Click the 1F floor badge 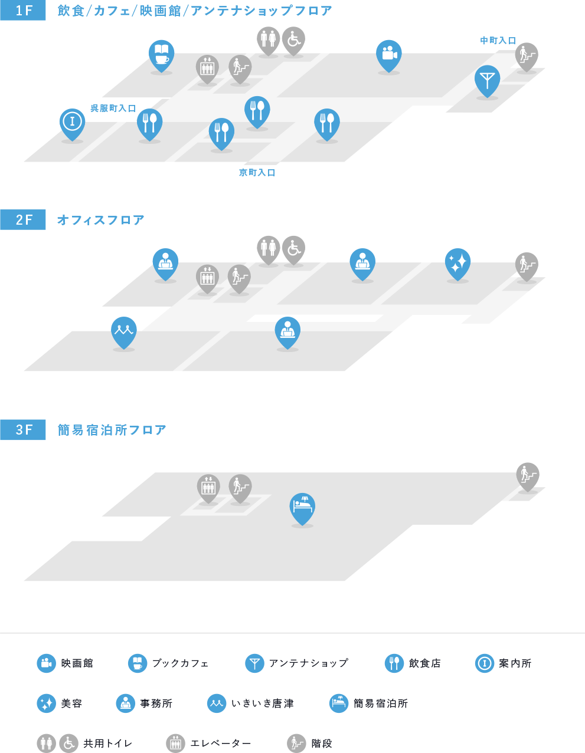[x=23, y=11]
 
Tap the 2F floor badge [x=23, y=219]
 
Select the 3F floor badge [x=23, y=430]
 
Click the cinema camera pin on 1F [x=389, y=55]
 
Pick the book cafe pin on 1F [x=161, y=55]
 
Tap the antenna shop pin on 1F [x=487, y=80]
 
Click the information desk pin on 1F [x=72, y=124]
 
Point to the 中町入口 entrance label [x=498, y=41]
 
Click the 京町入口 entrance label [x=257, y=173]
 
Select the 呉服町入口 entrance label [x=113, y=108]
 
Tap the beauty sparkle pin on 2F [x=457, y=264]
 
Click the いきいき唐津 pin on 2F [x=124, y=332]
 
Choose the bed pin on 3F [x=302, y=508]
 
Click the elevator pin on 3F [x=208, y=488]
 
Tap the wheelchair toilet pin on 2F [x=294, y=250]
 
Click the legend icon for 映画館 [x=46, y=663]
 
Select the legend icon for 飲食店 [x=394, y=663]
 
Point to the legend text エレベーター [x=221, y=744]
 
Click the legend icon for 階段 [x=296, y=744]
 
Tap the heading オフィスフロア [x=100, y=220]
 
